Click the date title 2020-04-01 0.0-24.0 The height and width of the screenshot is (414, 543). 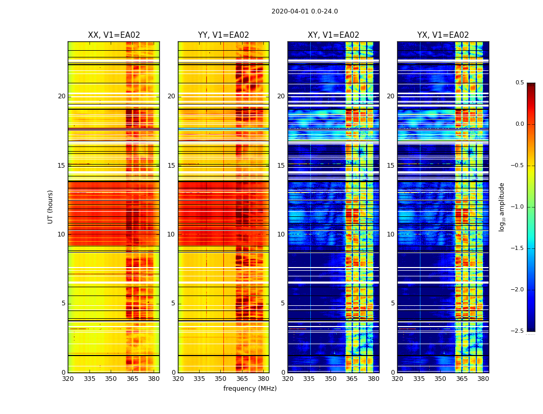tap(305, 11)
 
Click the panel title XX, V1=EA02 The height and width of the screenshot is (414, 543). tap(114, 35)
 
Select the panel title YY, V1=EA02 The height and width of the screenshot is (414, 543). tap(223, 35)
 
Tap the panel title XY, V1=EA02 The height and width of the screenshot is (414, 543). tap(333, 35)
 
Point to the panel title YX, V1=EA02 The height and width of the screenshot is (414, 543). tap(443, 35)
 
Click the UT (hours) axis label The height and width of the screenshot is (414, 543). tap(50, 206)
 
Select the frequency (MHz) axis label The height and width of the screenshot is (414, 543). tap(250, 389)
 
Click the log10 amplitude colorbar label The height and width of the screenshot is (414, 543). tap(502, 206)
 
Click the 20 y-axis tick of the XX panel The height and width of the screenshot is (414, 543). tap(62, 96)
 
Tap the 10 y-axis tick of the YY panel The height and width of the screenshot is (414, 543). tap(171, 234)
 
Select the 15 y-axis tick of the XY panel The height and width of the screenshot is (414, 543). tap(281, 166)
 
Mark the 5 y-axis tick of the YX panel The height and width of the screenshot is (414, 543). tap(393, 303)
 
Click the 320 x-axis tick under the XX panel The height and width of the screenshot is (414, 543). tap(68, 379)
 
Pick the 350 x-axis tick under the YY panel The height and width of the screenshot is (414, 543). tap(221, 379)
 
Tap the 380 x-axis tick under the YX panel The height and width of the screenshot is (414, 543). tap(483, 379)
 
